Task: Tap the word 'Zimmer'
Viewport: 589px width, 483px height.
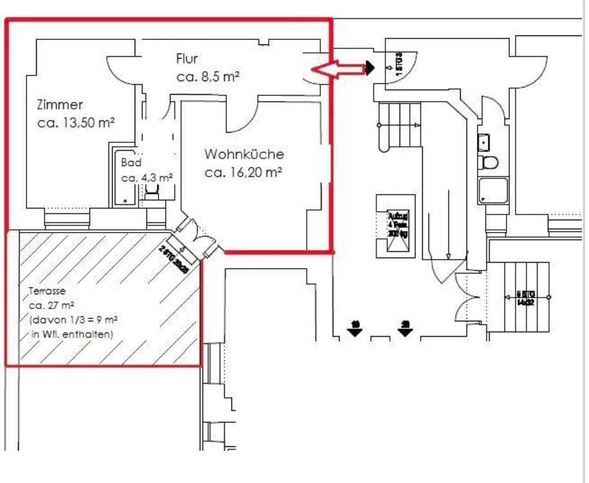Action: (x=60, y=104)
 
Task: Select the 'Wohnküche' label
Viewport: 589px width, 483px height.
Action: (x=244, y=155)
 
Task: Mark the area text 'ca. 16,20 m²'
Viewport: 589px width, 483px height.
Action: (x=244, y=173)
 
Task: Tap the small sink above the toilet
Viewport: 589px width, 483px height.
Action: (x=484, y=141)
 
